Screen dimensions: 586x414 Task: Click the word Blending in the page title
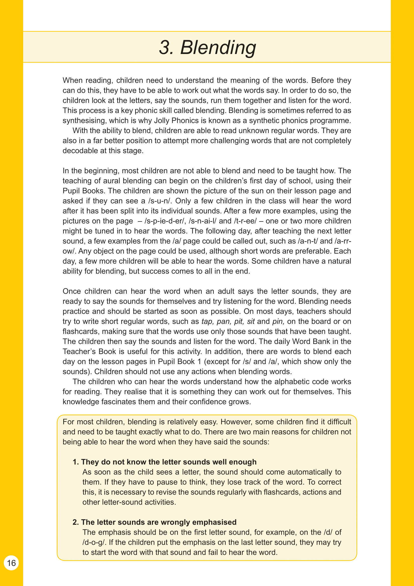[218, 47]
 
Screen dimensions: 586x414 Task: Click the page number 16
[11, 563]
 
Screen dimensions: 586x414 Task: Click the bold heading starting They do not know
[165, 462]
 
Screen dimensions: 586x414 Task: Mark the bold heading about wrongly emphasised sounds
[154, 522]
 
